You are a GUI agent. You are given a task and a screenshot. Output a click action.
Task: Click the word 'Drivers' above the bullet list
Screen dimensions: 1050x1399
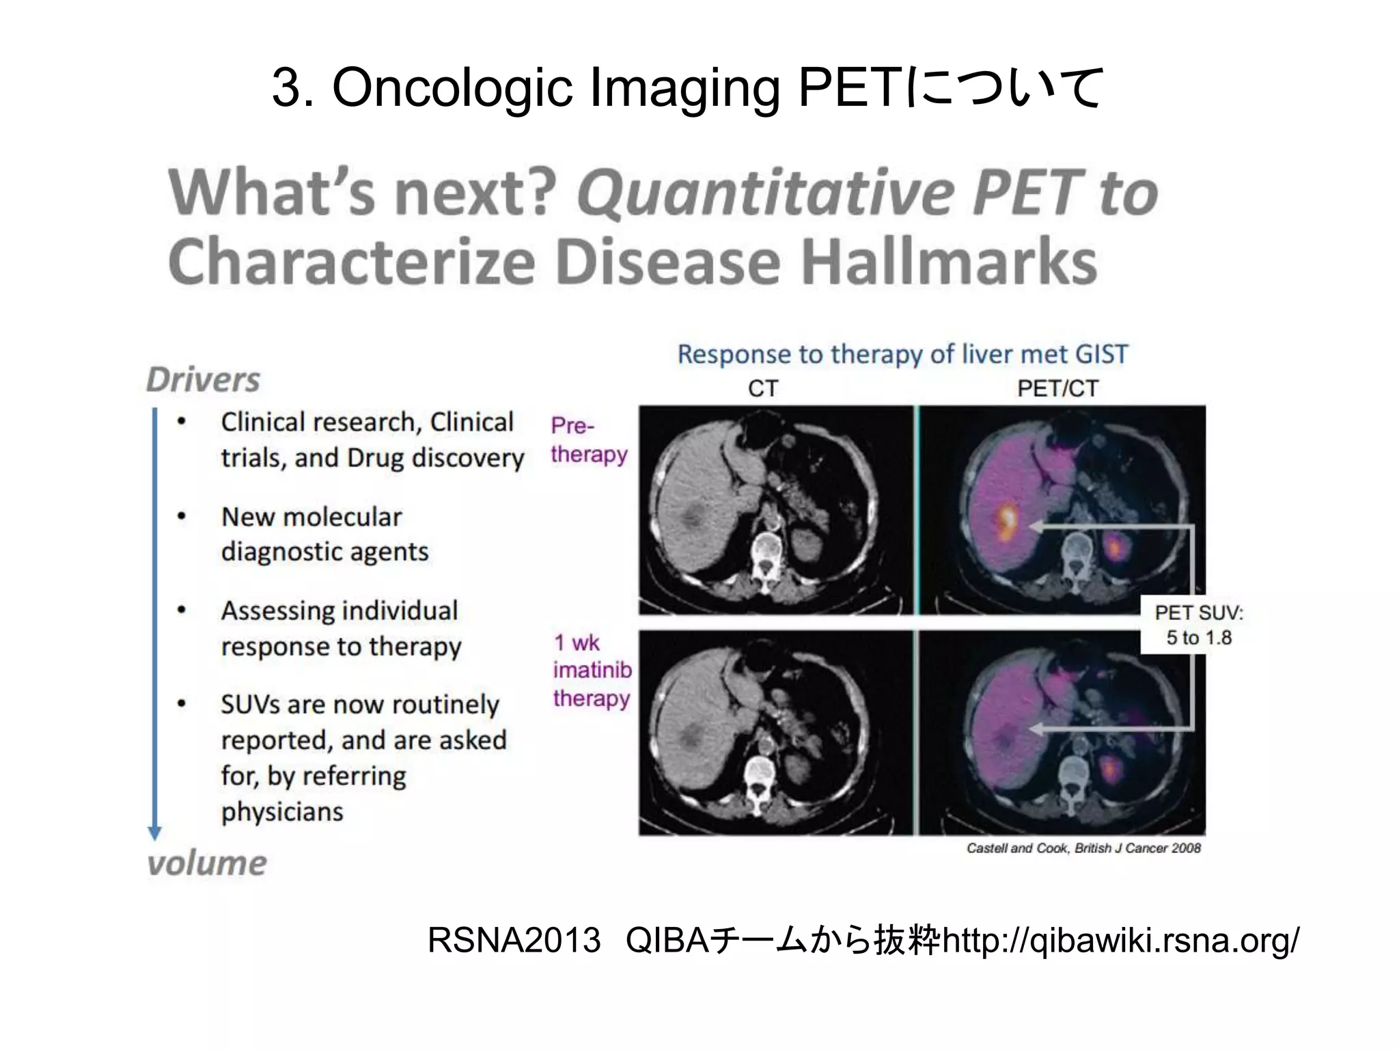(204, 380)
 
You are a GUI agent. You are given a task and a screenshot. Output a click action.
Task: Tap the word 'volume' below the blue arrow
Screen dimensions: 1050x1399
(207, 863)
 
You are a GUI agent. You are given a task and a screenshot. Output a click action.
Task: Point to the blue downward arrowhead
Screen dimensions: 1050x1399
(155, 833)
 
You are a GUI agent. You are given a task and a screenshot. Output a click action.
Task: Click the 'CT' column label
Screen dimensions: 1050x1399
(762, 388)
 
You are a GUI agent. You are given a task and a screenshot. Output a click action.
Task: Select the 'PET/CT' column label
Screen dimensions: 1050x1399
(1057, 388)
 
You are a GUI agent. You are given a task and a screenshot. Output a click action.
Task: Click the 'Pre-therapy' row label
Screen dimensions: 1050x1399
(588, 440)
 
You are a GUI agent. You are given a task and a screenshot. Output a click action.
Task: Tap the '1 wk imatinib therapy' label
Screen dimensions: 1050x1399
(592, 671)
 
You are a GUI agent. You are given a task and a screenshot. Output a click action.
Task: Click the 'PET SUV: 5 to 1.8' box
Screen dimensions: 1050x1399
(1199, 625)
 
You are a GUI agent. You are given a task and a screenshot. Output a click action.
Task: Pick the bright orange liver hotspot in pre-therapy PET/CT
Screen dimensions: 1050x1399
(1006, 519)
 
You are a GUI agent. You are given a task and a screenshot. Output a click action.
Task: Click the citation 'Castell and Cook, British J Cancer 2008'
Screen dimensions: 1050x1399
(1083, 848)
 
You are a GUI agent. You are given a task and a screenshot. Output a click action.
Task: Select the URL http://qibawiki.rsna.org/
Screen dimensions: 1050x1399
(1120, 941)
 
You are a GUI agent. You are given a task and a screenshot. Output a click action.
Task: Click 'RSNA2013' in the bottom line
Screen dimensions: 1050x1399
(514, 941)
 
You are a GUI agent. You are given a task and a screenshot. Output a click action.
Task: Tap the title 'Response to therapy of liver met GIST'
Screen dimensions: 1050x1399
(902, 354)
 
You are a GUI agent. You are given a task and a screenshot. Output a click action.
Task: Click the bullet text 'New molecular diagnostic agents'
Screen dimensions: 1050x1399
(324, 534)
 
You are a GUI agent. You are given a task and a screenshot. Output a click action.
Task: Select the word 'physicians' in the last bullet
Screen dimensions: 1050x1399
(282, 812)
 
